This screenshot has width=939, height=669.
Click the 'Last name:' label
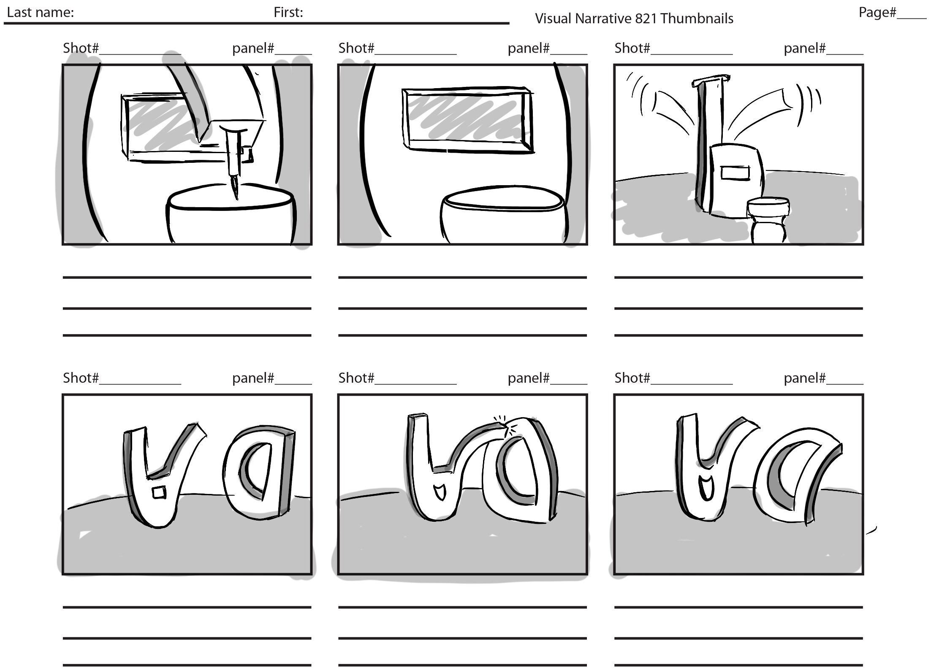[x=41, y=13]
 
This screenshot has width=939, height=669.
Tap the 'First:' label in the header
[x=288, y=13]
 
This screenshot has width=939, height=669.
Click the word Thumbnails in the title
[x=697, y=19]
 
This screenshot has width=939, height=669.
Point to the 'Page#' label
[x=877, y=13]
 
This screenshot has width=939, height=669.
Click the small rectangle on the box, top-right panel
[x=735, y=173]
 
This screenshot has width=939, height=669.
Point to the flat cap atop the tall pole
[x=711, y=80]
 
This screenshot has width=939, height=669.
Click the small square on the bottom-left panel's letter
[x=159, y=492]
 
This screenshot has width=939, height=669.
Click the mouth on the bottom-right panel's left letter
[x=705, y=486]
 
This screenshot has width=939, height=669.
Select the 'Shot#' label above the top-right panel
[x=632, y=49]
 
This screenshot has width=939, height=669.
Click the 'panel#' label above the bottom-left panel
[x=253, y=378]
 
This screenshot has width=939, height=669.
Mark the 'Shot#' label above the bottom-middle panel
[x=356, y=378]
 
